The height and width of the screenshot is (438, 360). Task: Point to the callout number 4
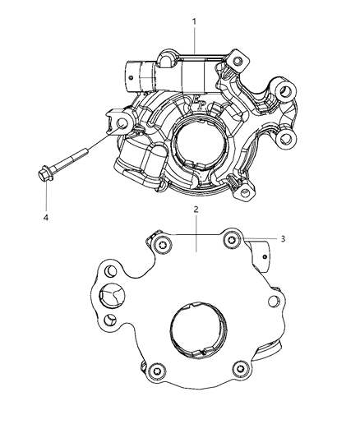(x=47, y=219)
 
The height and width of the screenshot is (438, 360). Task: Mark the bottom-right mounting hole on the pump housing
(x=244, y=194)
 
